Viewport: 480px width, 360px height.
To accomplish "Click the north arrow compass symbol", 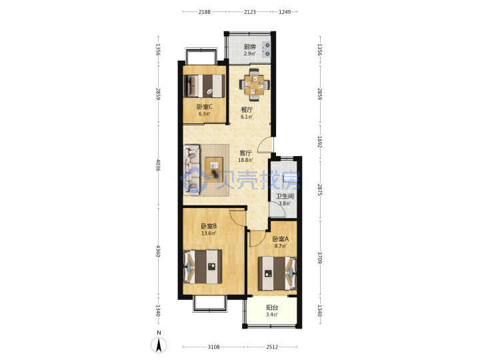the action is (x=159, y=345).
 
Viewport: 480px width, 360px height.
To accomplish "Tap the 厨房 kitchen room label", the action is (x=250, y=47).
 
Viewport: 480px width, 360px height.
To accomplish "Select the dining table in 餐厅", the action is (x=255, y=85).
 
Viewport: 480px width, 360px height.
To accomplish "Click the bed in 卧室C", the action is (x=204, y=86).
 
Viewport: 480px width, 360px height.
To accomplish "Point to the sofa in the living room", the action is (x=192, y=169).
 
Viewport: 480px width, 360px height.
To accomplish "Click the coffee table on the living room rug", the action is (x=214, y=169).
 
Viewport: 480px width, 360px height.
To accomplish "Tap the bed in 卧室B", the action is (x=203, y=267).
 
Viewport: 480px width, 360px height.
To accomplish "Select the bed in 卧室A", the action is (x=277, y=273).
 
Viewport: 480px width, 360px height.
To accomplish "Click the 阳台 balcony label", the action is (x=272, y=307).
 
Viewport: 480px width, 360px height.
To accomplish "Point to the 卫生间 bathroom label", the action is (x=285, y=197).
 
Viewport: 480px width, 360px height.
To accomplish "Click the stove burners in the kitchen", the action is (x=267, y=49).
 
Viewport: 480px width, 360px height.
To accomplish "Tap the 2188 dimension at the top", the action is (x=205, y=12).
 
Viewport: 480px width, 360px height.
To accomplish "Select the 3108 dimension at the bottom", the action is (x=214, y=347).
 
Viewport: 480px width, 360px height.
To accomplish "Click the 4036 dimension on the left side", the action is (x=158, y=165).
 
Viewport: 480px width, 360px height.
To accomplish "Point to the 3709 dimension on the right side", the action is (x=319, y=258).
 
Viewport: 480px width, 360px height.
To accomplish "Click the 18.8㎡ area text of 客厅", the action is (x=245, y=160).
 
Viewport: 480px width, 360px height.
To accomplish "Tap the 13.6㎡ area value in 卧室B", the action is (x=209, y=233).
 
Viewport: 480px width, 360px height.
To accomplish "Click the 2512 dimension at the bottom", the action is (x=272, y=347).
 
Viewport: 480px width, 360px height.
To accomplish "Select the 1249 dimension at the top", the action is (x=285, y=12).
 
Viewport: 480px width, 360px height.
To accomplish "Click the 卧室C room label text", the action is (x=205, y=107).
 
